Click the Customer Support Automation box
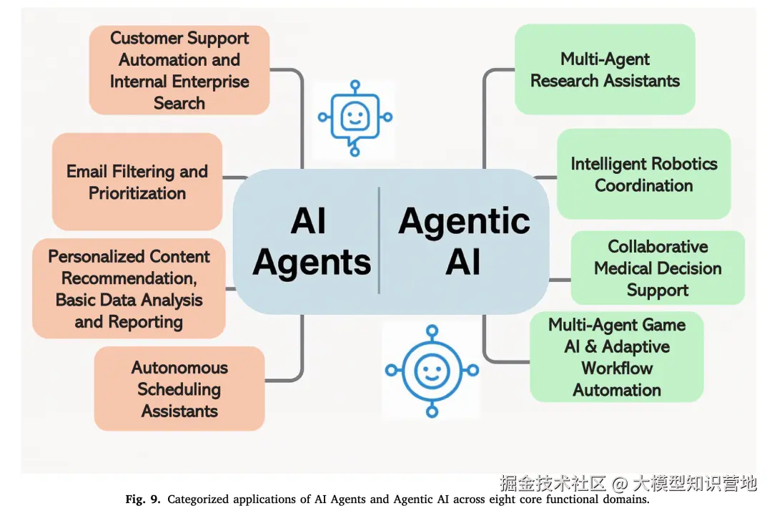coord(179,70)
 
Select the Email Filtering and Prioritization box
coord(137,182)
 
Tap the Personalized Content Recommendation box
coord(129,288)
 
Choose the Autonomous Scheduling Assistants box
coord(179,389)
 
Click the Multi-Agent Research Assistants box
coord(605,69)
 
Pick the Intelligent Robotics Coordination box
coord(643,174)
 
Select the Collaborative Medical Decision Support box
coord(658,268)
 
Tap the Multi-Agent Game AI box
coord(616,356)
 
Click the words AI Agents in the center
coord(311,242)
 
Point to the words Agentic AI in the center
coord(464,240)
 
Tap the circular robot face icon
coord(431,370)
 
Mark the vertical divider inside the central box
coord(379,240)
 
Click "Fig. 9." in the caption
coord(144,499)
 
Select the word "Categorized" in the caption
coord(200,499)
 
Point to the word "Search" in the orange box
coord(179,102)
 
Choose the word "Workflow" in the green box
coord(616,368)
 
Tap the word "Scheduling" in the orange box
coord(179,389)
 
